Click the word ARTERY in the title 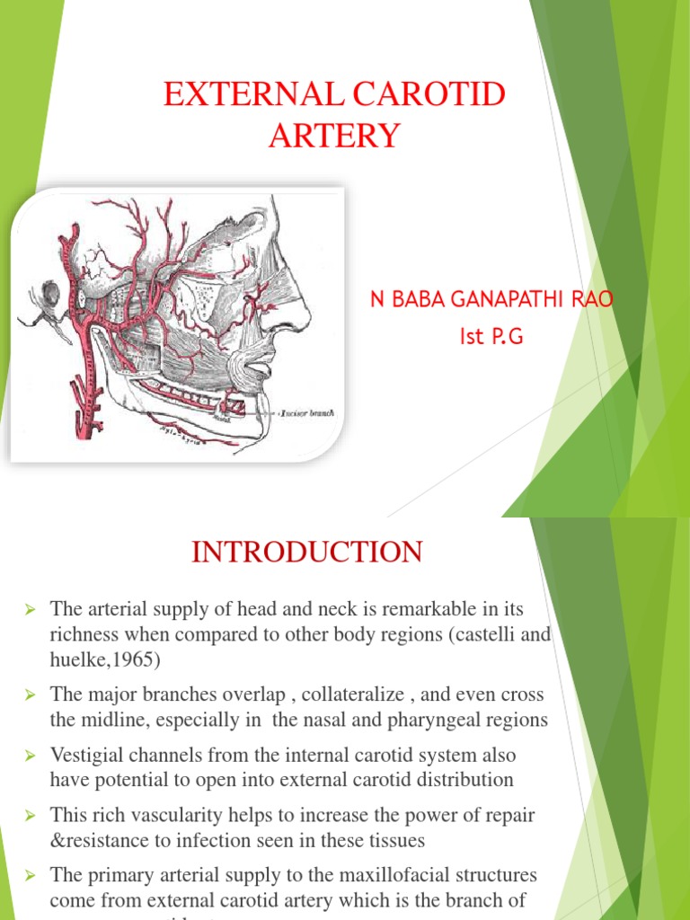(332, 136)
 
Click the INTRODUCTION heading (306, 552)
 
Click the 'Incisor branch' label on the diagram (307, 412)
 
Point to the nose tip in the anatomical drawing (307, 314)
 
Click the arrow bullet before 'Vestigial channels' (30, 756)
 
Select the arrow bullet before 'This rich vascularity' (30, 816)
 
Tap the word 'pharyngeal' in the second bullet (423, 719)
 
